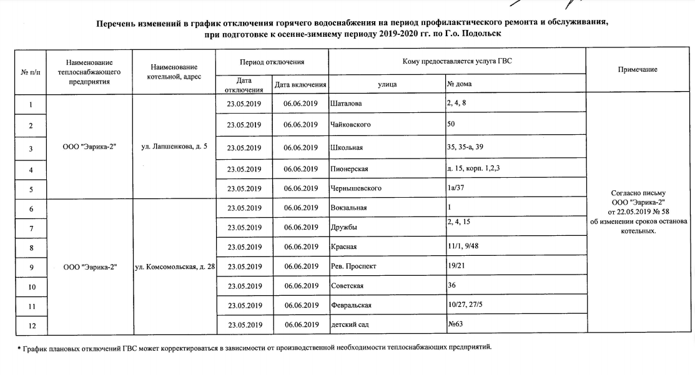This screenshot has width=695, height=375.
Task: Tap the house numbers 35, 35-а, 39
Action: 469,147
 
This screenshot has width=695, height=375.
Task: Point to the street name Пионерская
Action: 348,169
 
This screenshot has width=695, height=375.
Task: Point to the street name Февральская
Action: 351,305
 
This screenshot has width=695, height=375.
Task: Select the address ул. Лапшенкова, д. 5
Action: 174,147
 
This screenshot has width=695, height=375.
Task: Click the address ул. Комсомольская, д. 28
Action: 175,266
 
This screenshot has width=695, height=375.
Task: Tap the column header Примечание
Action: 638,70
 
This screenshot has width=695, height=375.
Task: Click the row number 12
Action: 30,325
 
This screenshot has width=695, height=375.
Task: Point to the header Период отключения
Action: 272,62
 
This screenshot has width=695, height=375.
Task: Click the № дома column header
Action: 459,84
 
